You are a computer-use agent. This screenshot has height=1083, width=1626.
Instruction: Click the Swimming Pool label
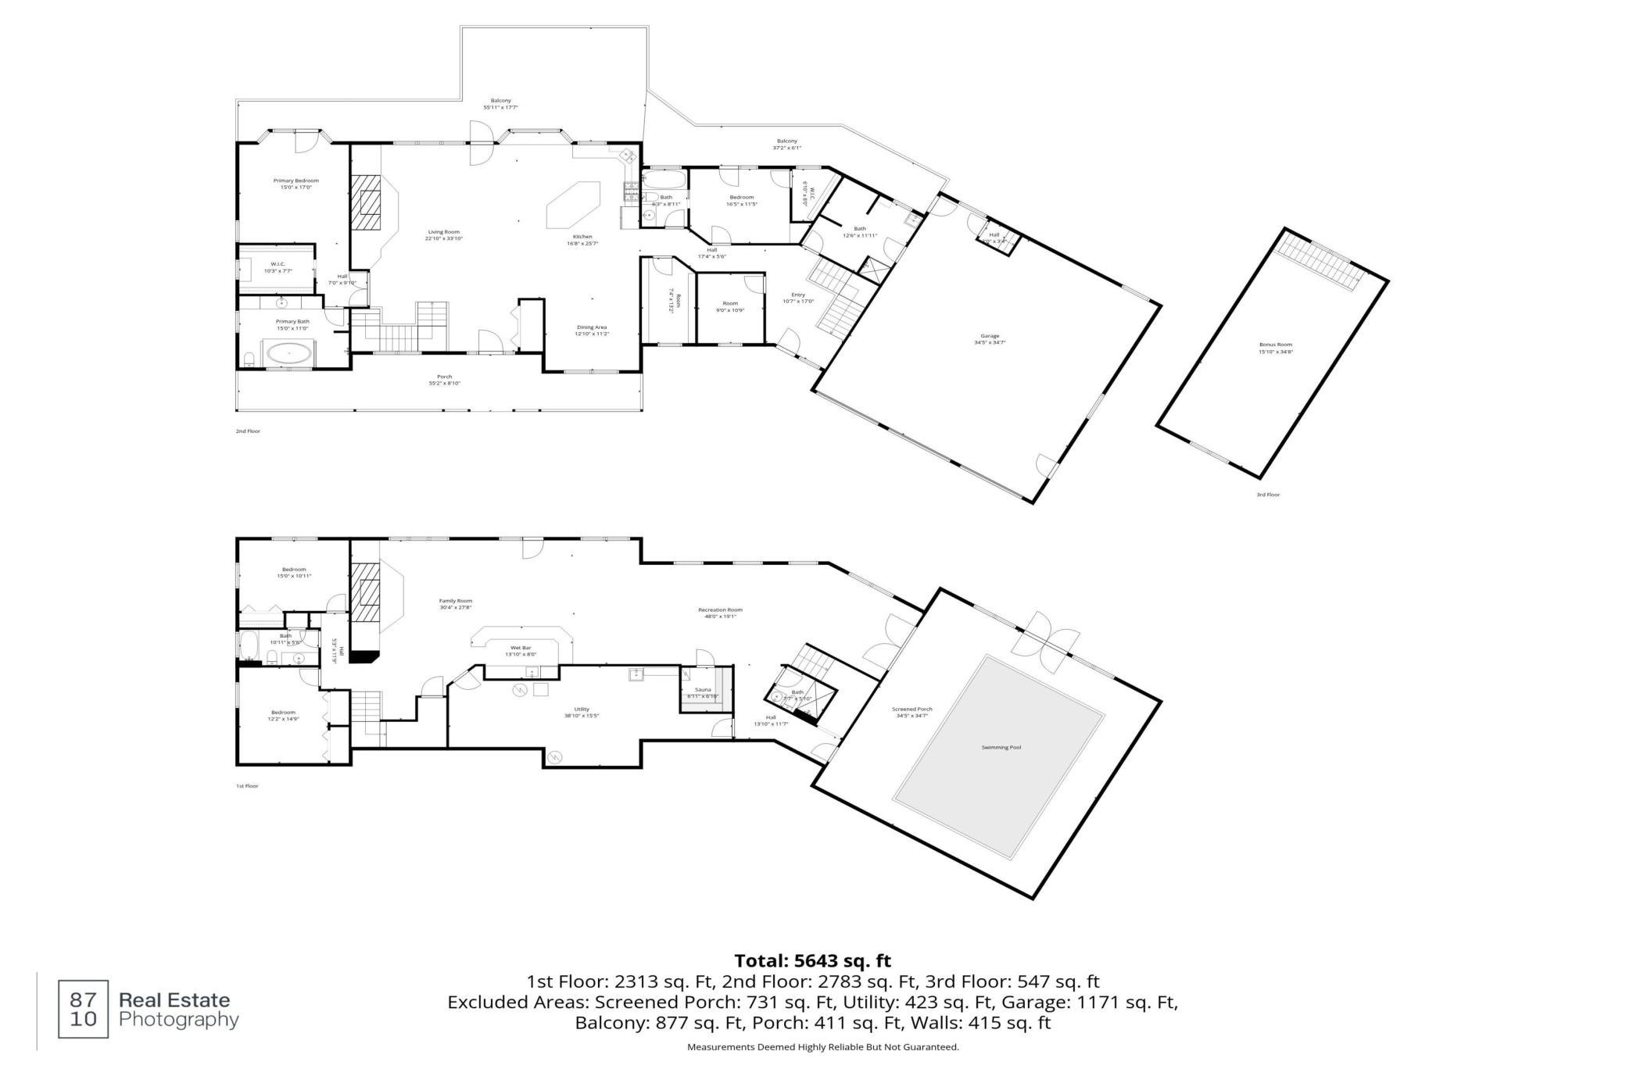point(1001,748)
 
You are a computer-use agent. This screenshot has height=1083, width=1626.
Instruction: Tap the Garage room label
point(990,337)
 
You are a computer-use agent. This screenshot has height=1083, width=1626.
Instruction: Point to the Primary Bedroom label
point(295,180)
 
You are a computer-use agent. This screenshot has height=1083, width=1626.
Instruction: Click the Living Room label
point(443,232)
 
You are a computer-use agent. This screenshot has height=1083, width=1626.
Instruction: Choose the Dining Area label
point(592,327)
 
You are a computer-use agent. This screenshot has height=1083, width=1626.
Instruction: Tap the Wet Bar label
point(521,648)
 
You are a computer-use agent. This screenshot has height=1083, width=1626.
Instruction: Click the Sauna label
point(703,690)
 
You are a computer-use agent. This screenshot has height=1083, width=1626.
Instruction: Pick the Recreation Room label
point(720,610)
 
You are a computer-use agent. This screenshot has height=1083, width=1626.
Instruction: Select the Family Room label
point(456,601)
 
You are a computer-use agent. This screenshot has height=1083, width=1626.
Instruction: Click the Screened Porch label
point(911,709)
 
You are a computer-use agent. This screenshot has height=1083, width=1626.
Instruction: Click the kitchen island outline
point(573,206)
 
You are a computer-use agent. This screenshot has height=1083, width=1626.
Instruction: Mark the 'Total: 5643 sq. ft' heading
point(812,961)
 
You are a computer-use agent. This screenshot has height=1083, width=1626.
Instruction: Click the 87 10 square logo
point(84,1010)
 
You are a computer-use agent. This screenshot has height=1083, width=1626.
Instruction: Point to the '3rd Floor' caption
point(1268,495)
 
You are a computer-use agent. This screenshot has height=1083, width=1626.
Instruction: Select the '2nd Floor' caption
point(248,431)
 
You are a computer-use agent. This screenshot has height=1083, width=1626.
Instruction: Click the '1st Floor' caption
point(247,786)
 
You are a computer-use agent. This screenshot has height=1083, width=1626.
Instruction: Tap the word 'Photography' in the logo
point(178,1020)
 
